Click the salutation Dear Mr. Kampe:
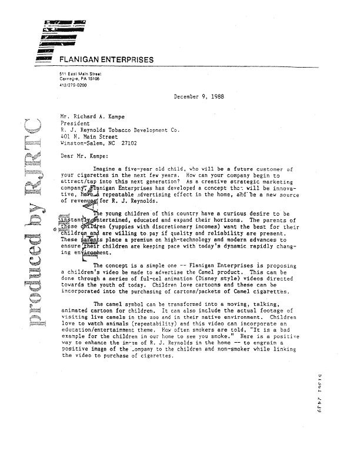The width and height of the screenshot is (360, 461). [x=84, y=156]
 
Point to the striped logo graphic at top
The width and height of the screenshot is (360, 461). [x=59, y=35]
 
